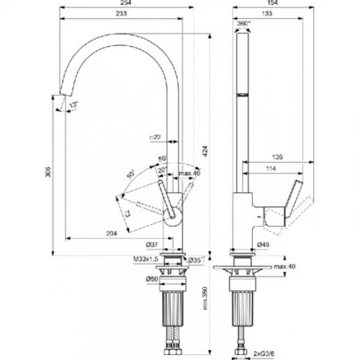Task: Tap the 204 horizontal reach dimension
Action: pyautogui.click(x=112, y=233)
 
